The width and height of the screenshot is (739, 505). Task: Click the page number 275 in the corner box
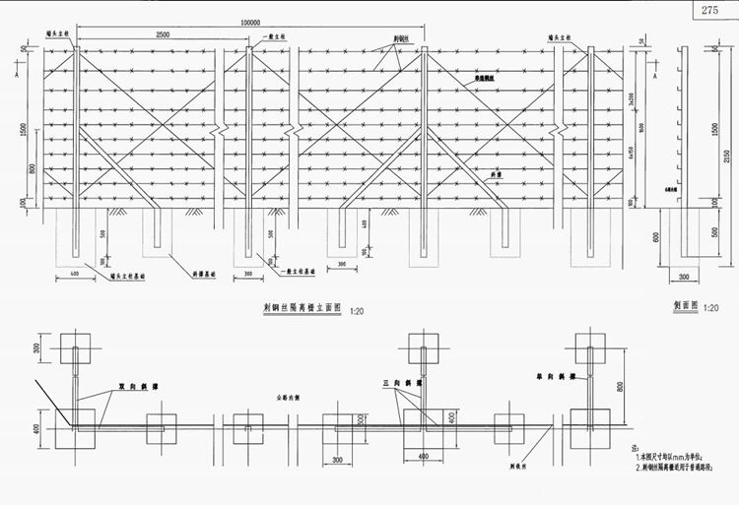(710, 10)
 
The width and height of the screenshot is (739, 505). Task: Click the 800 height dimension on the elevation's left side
(34, 168)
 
